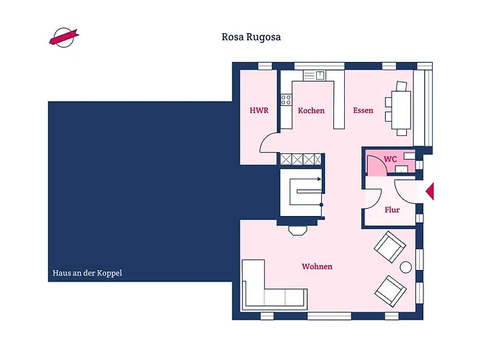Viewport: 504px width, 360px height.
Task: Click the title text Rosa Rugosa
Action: (251, 37)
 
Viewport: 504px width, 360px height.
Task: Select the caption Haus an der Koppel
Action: (87, 274)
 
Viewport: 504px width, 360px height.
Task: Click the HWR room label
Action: (258, 111)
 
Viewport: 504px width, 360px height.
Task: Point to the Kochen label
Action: (311, 111)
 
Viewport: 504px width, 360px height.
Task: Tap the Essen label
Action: (363, 111)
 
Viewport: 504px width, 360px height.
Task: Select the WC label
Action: (390, 159)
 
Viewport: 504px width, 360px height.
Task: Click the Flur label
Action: (392, 210)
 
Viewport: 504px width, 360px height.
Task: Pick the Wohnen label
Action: (317, 266)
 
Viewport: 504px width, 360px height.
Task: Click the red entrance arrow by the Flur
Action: (430, 191)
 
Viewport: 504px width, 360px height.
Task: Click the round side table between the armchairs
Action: (405, 267)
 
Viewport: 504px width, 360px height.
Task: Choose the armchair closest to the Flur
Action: (390, 247)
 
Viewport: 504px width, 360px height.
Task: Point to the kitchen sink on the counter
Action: (314, 74)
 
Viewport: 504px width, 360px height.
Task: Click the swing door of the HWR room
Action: (269, 143)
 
